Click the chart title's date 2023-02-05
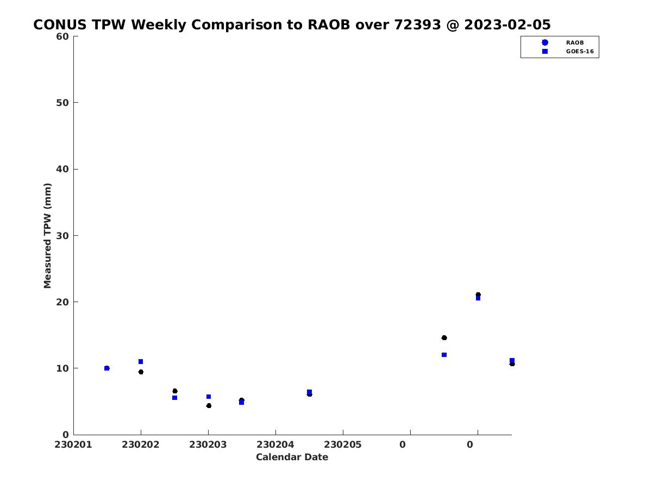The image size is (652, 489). [507, 24]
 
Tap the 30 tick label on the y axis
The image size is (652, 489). [62, 236]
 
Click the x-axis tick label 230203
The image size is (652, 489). [208, 444]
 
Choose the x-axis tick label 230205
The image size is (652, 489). [342, 444]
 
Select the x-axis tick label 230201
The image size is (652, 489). [73, 444]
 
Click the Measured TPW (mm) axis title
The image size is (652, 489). [47, 235]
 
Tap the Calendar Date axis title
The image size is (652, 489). [292, 457]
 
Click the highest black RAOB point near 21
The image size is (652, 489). [478, 295]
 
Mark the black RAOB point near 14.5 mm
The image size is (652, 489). [444, 338]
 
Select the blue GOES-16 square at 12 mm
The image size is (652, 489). [444, 355]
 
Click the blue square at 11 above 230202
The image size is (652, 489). [141, 362]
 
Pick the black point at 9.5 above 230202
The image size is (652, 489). [141, 372]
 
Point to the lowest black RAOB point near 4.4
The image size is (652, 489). [209, 406]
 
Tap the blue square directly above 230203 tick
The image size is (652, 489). [208, 397]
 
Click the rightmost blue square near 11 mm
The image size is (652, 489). [511, 360]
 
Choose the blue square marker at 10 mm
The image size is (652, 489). [106, 368]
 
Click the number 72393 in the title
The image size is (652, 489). [417, 24]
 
